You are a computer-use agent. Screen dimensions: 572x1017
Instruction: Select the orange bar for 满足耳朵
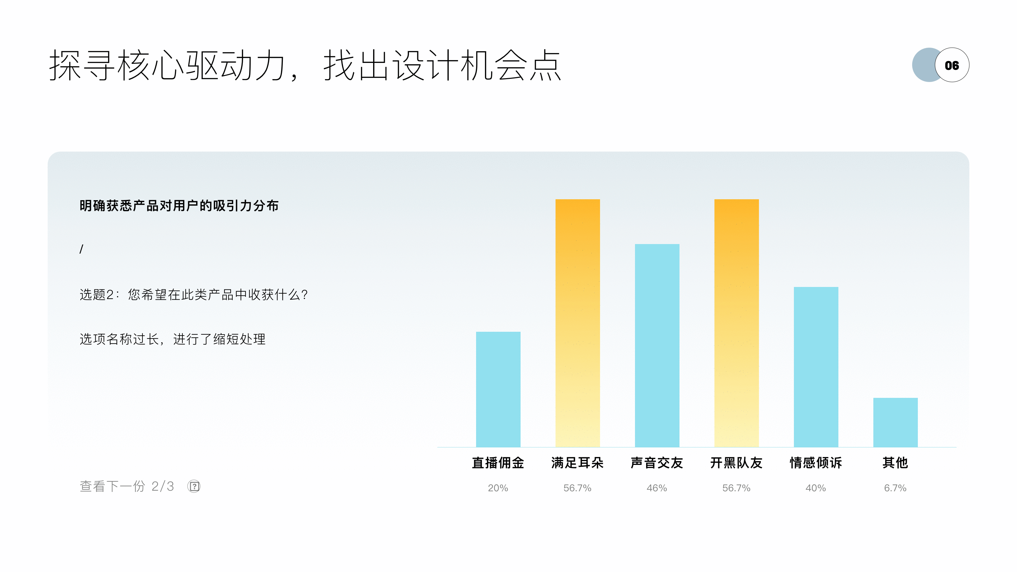(x=577, y=323)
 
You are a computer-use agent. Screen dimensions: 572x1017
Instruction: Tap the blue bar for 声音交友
(x=657, y=345)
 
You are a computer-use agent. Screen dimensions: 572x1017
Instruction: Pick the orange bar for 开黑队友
(x=736, y=323)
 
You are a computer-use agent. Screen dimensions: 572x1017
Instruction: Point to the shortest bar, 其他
(x=895, y=422)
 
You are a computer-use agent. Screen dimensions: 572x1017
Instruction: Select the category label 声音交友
(x=657, y=463)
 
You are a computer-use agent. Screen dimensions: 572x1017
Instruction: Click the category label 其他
(x=895, y=463)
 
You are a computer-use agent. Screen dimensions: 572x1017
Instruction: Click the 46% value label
(x=657, y=488)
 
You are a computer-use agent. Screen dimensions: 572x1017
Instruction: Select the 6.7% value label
(x=895, y=488)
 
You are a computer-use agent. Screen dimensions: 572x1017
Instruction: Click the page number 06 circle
(x=952, y=65)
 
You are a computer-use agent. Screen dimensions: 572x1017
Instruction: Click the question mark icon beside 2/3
(x=194, y=486)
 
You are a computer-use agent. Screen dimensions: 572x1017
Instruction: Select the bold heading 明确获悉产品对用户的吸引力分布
(x=179, y=206)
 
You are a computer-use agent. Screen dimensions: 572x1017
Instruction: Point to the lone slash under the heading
(x=81, y=249)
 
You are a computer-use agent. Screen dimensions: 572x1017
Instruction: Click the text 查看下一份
(x=112, y=486)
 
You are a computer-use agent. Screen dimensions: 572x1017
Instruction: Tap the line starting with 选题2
(x=194, y=295)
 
